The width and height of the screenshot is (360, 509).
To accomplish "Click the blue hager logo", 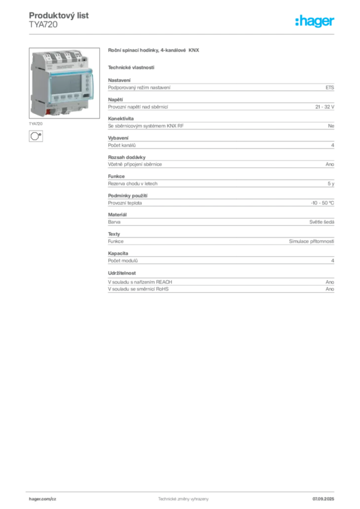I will click(315, 21).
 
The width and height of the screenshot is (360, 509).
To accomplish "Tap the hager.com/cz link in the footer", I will click(44, 499).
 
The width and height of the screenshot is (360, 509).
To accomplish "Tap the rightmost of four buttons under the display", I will click(77, 96).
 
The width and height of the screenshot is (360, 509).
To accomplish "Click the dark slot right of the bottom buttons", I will click(87, 95).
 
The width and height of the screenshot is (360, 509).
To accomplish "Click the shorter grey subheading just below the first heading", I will click(131, 67).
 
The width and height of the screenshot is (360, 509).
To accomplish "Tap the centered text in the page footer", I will click(179, 497).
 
